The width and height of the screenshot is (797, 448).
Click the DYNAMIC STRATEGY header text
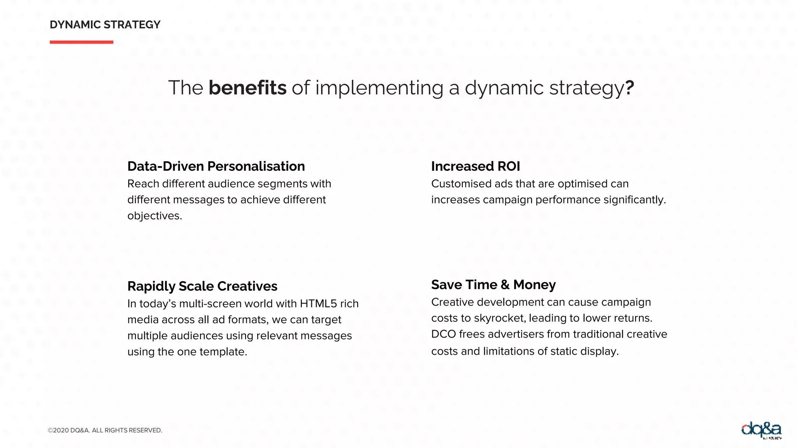105,25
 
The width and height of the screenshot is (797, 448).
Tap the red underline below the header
81,42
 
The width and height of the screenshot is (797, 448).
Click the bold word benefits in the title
248,87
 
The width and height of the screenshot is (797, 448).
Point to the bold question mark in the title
630,87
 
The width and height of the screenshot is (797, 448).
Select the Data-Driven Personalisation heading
216,166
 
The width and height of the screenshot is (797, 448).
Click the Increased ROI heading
475,166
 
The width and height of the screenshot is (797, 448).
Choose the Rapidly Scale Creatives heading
202,286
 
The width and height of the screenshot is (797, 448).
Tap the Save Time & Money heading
493,285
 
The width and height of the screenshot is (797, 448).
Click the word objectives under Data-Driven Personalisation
154,216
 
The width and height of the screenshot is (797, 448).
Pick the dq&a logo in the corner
761,430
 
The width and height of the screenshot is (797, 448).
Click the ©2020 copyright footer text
105,430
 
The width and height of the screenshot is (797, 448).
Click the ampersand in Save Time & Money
505,285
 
